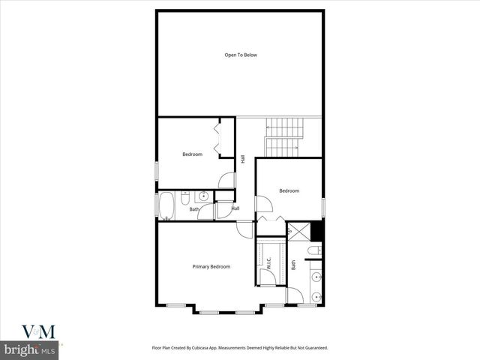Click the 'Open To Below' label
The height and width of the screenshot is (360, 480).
(x=241, y=55)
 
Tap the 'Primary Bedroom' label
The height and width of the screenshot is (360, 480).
(x=211, y=266)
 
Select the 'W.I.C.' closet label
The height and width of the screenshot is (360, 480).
(x=268, y=262)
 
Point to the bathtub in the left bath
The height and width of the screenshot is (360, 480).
(x=166, y=206)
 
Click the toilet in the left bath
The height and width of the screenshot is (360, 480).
(x=186, y=198)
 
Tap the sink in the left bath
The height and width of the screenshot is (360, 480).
(x=202, y=197)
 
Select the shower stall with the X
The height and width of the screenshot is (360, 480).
(x=298, y=232)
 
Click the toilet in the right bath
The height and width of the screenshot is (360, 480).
(x=316, y=250)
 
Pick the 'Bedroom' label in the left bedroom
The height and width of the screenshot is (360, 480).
(x=193, y=154)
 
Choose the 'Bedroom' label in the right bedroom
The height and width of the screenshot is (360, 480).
(x=289, y=190)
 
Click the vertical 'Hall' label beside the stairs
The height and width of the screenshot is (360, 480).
(x=242, y=159)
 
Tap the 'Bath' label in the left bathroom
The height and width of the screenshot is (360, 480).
(x=193, y=209)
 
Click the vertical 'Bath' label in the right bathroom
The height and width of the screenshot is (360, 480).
(x=294, y=265)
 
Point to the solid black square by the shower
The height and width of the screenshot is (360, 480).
(x=316, y=231)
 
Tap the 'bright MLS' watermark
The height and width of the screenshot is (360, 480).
(x=29, y=349)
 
